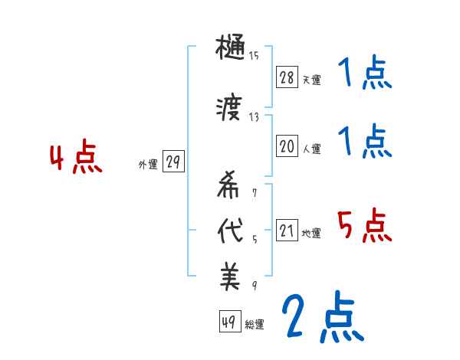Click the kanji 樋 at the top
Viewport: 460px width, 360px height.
tap(230, 51)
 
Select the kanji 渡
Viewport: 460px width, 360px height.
tap(230, 109)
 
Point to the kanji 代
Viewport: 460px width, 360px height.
tap(230, 231)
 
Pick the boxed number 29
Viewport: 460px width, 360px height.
tap(173, 162)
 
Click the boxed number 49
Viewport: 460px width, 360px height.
tap(228, 322)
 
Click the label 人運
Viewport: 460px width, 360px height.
tap(311, 149)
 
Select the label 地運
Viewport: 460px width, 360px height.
tap(311, 233)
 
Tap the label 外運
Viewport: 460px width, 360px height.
tap(148, 164)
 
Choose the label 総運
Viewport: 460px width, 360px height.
tap(254, 324)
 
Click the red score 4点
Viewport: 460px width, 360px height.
tap(75, 159)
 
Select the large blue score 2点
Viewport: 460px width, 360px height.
tap(322, 316)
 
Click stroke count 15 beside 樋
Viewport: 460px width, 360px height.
tap(254, 55)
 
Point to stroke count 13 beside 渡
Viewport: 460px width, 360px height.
tap(254, 116)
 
